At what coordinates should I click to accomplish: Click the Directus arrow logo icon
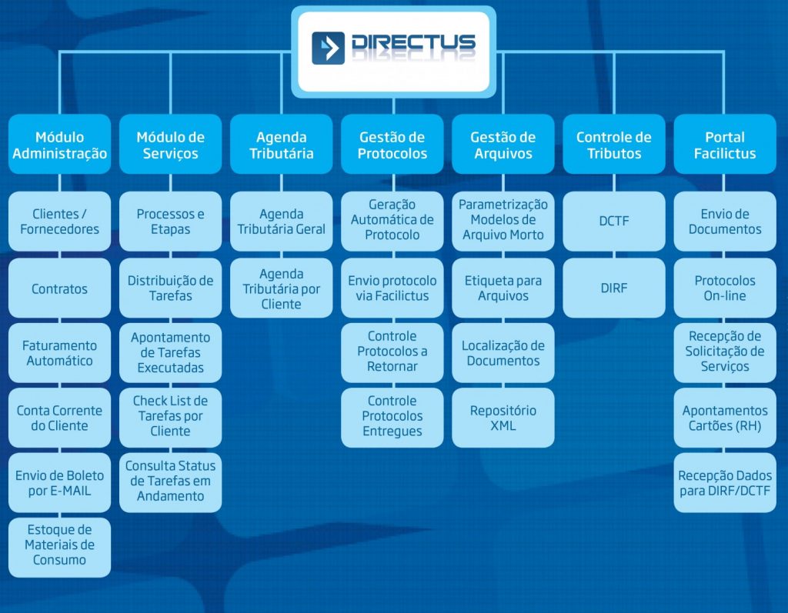point(328,48)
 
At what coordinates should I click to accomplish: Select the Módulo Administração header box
point(59,145)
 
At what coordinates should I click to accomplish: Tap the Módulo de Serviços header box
point(170,145)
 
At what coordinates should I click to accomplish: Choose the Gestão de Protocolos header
point(392,145)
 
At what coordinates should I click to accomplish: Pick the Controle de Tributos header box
point(613,145)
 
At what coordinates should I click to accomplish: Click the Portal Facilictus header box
point(724,145)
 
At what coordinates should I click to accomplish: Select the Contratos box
point(59,289)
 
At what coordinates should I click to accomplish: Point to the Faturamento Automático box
point(59,353)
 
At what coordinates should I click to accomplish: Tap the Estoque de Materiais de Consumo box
point(59,545)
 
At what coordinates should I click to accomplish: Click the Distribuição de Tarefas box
point(170,288)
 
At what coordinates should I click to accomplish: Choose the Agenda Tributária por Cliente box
point(282,288)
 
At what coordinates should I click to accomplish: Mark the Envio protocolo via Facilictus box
point(392,288)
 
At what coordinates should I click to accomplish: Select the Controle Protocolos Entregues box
point(392,416)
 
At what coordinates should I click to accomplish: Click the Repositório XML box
point(503,418)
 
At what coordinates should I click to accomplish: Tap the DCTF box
point(613,221)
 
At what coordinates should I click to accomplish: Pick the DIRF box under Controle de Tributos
point(613,288)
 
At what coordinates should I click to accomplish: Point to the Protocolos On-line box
point(724,288)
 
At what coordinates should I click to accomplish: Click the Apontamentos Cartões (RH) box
point(724,418)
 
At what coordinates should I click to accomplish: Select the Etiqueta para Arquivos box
point(503,288)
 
